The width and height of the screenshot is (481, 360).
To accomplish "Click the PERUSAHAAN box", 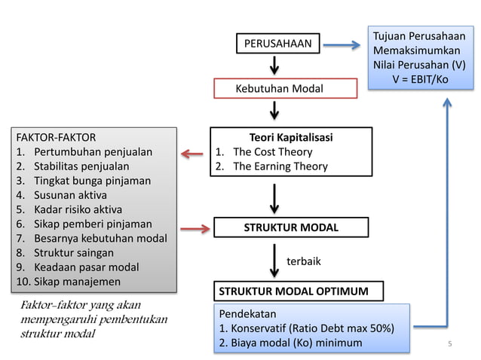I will click(x=277, y=44).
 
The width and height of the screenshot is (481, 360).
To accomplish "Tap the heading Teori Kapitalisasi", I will click(x=290, y=138).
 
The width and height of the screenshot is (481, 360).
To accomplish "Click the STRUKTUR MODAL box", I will click(x=290, y=227).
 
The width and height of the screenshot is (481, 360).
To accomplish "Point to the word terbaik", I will click(x=304, y=261).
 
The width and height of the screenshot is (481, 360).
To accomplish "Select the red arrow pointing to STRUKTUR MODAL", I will click(x=193, y=227).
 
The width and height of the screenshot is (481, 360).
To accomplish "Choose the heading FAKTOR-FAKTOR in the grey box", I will click(x=56, y=138).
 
